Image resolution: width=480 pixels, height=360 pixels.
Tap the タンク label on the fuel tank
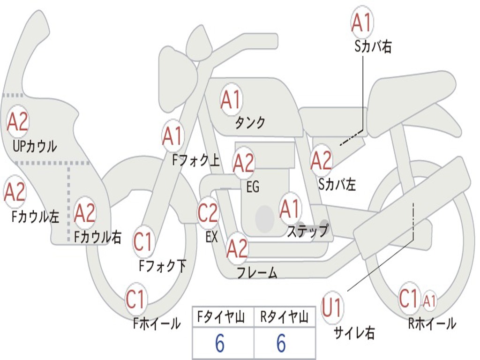[x=250, y=123]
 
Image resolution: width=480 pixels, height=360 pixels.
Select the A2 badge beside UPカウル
[x=17, y=121]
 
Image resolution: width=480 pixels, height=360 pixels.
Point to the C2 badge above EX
[x=208, y=213]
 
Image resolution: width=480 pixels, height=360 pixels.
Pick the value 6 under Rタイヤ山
[x=281, y=343]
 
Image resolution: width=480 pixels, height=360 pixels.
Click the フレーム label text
[x=257, y=272]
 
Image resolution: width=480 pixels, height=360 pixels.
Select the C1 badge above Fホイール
[x=135, y=299]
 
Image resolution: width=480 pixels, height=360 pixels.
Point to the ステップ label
[x=307, y=231]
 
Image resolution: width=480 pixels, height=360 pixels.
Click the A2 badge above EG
[x=243, y=163]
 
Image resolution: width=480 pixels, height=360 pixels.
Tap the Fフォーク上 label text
[x=196, y=160]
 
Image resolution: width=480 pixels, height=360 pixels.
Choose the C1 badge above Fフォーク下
[x=142, y=241]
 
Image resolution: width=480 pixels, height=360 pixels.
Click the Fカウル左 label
[x=35, y=217]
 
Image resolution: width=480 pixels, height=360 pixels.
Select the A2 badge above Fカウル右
[x=85, y=213]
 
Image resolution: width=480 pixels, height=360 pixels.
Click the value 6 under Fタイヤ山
[x=220, y=343]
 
